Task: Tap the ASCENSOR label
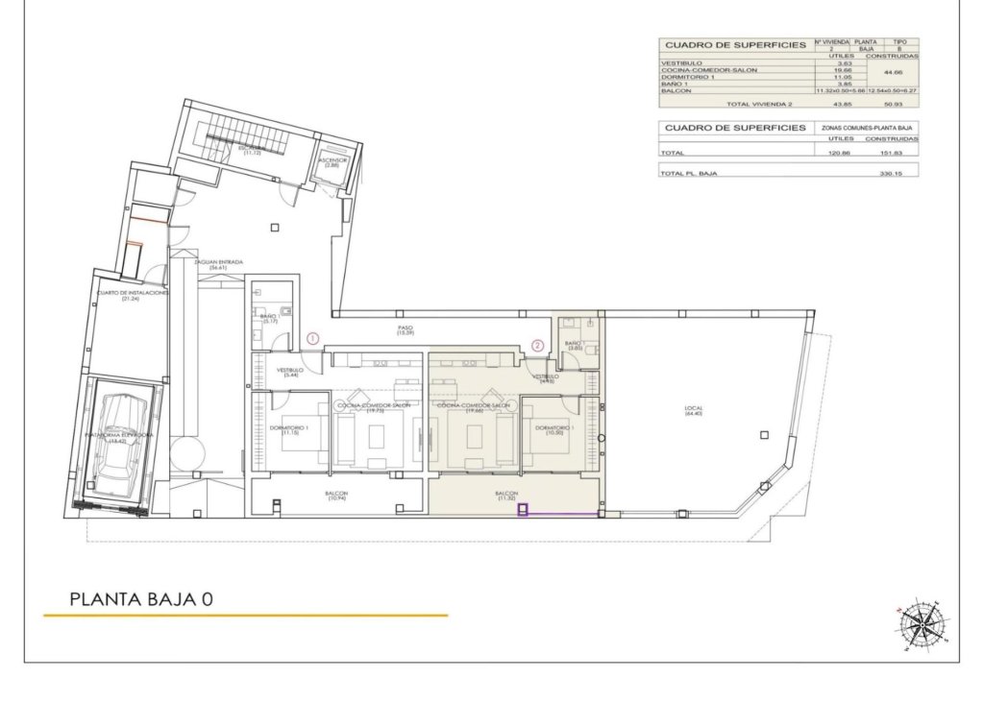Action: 333,161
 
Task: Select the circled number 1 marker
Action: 312,338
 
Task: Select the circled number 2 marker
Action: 538,345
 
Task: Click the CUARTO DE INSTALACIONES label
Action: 132,295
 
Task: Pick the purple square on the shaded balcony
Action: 524,511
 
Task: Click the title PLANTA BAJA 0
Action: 140,599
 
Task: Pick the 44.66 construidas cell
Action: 893,72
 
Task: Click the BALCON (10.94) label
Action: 336,497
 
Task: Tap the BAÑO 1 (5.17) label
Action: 269,318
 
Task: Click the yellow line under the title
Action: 245,616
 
